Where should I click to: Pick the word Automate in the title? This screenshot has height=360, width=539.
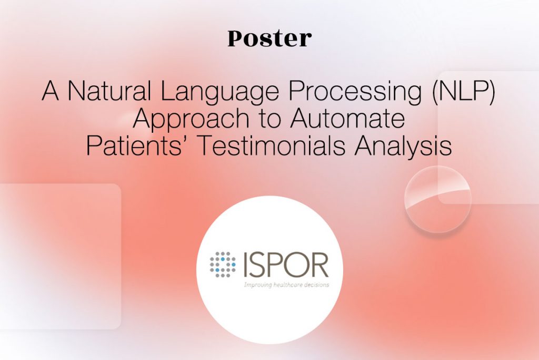click(x=347, y=118)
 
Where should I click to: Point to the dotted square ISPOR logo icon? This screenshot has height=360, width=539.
click(x=223, y=265)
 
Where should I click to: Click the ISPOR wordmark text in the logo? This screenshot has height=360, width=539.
click(x=286, y=265)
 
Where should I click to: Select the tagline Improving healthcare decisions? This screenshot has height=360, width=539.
click(x=287, y=285)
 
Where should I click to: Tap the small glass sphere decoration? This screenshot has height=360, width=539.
click(x=437, y=199)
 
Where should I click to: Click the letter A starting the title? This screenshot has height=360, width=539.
click(x=51, y=91)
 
